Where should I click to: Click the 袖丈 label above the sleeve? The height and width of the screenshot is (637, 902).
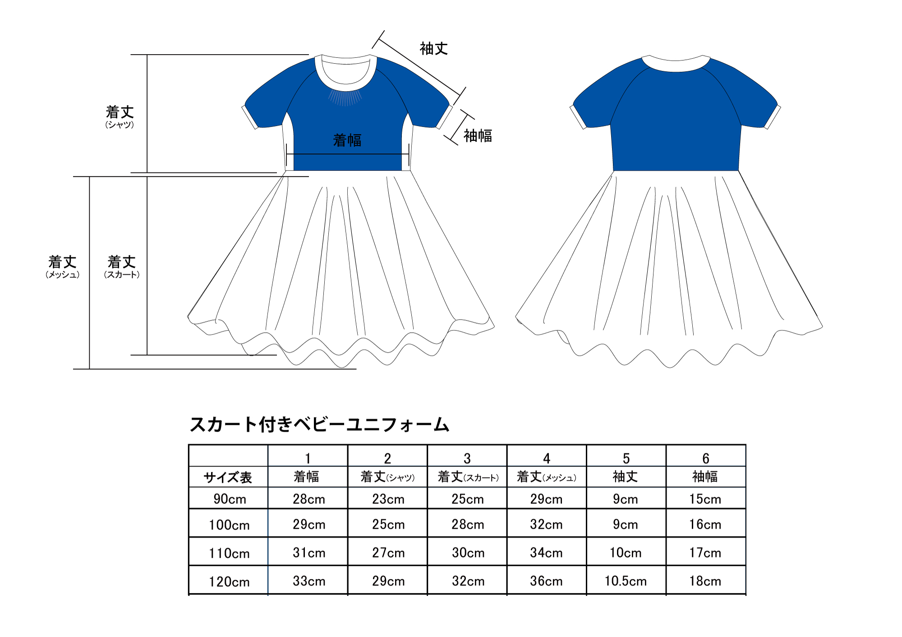click(434, 49)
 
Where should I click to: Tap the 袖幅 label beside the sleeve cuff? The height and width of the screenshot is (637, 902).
click(478, 136)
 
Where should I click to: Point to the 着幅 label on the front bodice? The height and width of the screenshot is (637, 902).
click(347, 140)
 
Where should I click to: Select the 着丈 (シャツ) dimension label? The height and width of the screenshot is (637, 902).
click(120, 117)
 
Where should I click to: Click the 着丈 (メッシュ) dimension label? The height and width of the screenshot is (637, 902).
click(63, 267)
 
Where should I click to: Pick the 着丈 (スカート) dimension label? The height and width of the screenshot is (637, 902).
click(122, 267)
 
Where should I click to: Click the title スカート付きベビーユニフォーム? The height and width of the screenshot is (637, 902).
click(320, 424)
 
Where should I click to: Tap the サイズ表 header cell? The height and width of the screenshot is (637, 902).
click(228, 477)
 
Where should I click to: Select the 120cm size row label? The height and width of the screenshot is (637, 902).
click(229, 581)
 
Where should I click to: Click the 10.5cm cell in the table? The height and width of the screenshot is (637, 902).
click(626, 581)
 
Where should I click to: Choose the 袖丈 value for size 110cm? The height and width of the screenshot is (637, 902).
click(626, 553)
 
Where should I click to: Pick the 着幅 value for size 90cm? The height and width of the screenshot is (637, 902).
click(309, 499)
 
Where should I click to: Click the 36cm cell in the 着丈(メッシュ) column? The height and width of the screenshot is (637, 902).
click(546, 581)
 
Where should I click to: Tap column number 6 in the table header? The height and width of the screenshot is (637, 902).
click(706, 459)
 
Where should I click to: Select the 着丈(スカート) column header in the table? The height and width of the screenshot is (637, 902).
click(468, 477)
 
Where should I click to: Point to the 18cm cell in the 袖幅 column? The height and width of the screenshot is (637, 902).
click(705, 581)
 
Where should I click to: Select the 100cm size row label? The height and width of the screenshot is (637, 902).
click(229, 525)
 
